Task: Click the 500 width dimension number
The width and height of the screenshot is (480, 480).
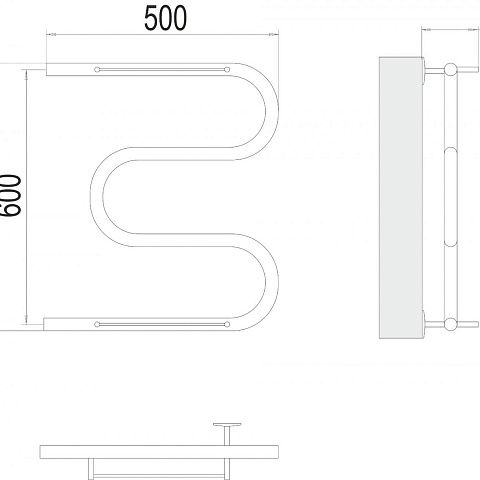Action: point(165,19)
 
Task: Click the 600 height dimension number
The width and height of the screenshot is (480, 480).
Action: point(10,196)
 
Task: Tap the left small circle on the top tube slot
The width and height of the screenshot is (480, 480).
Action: point(97,70)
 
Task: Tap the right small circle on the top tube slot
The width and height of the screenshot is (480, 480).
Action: point(227,70)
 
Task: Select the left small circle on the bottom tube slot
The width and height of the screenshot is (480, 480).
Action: point(97,324)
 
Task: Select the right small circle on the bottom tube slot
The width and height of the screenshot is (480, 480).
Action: point(227,324)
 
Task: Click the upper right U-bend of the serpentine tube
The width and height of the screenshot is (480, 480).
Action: point(272,111)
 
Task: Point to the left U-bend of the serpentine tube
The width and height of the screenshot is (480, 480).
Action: point(97,197)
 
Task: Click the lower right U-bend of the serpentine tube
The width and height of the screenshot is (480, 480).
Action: point(272,282)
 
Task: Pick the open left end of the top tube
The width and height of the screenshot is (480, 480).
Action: point(46,69)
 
